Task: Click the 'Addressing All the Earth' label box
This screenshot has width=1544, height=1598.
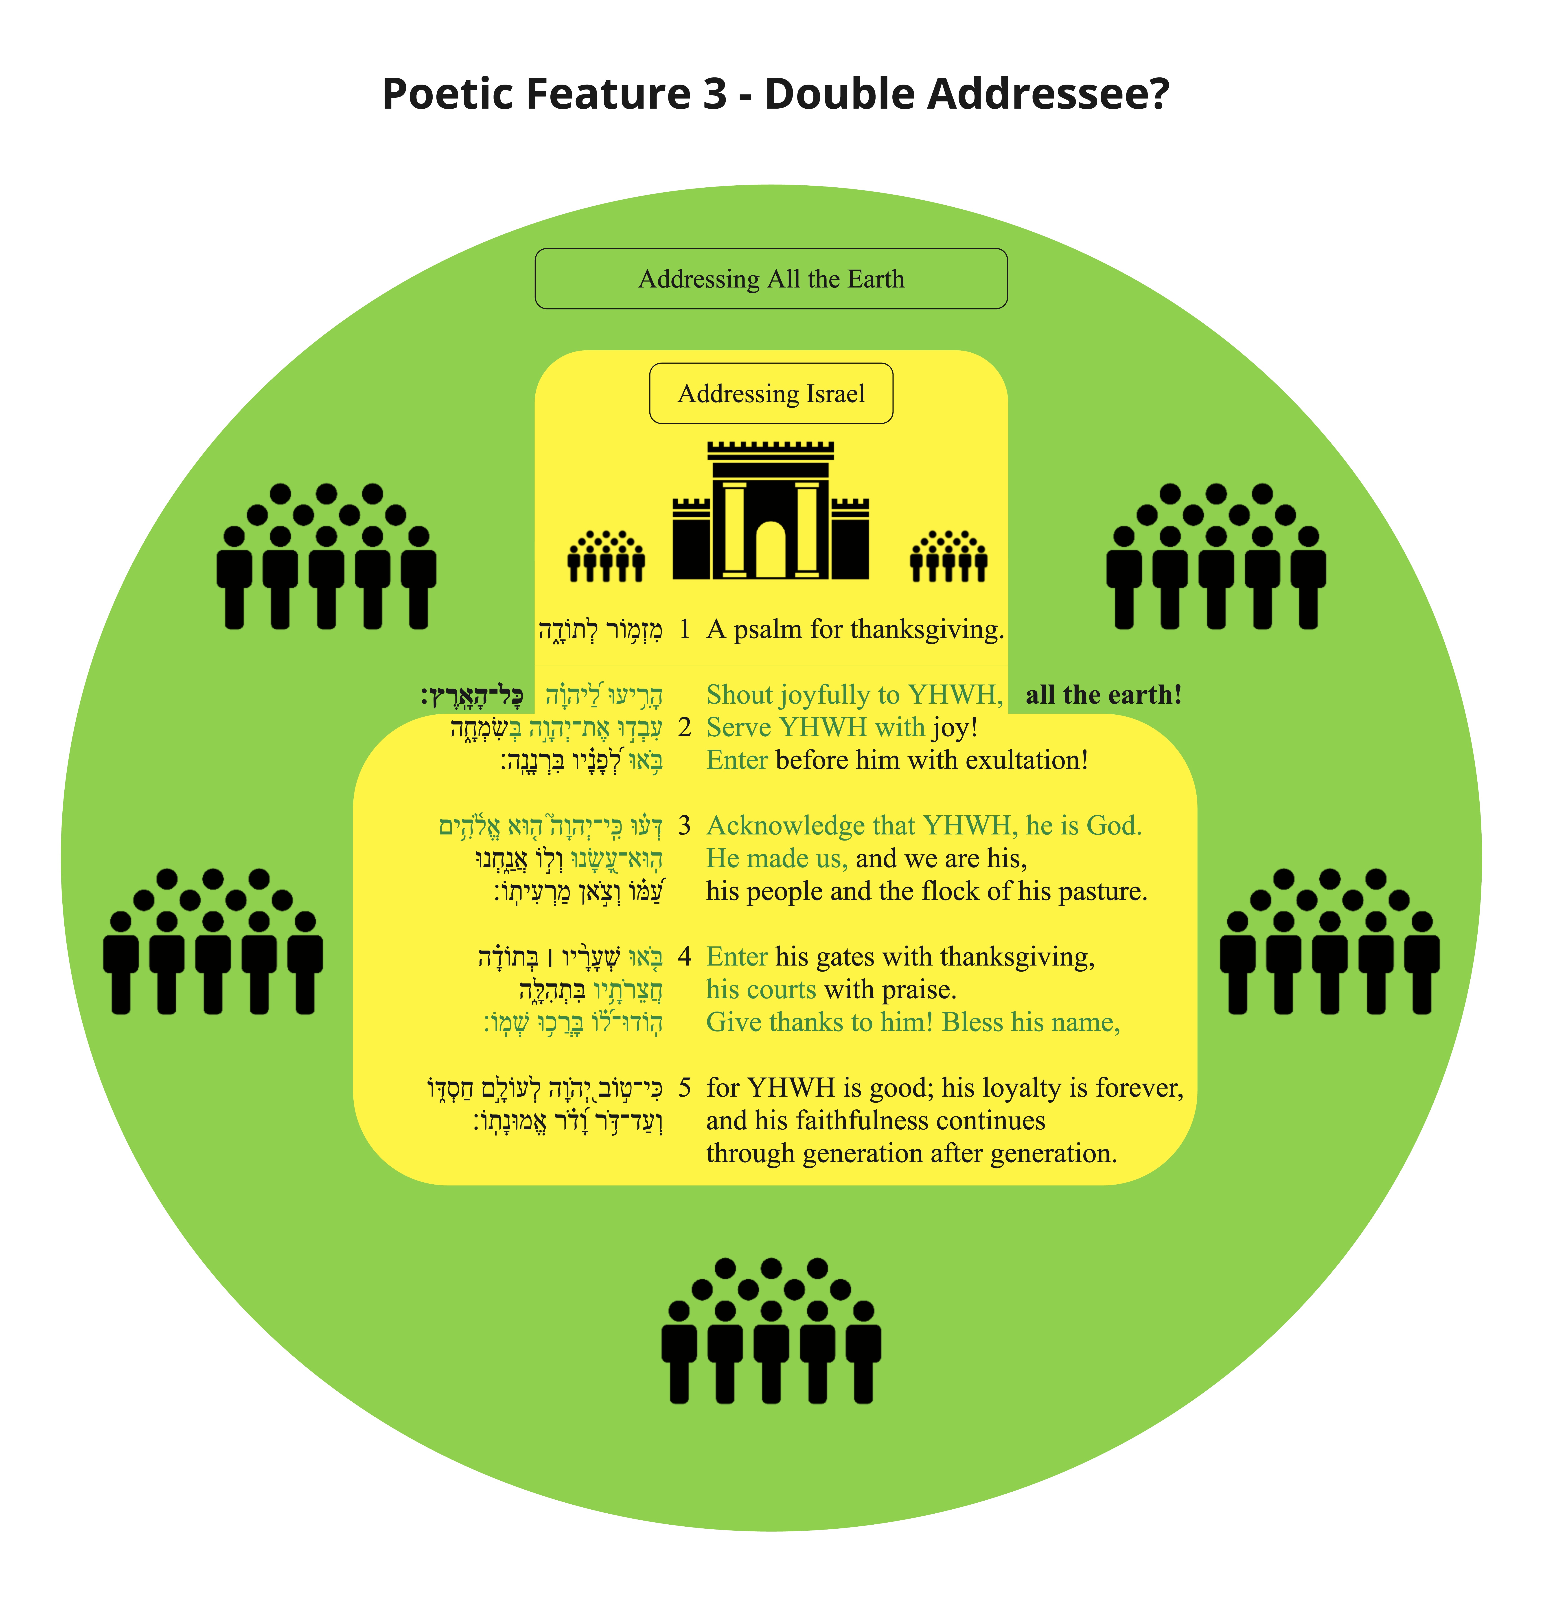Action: pyautogui.click(x=771, y=279)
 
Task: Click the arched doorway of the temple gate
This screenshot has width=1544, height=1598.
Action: pyautogui.click(x=770, y=550)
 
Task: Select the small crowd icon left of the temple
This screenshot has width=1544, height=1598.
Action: pyautogui.click(x=607, y=556)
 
